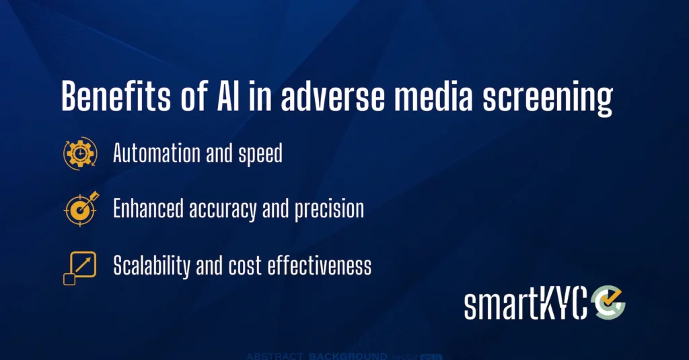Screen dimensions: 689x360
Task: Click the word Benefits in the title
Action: (116, 96)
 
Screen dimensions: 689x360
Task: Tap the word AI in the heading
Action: (228, 96)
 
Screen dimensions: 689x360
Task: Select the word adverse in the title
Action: (332, 96)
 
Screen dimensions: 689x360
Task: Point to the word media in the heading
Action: (433, 96)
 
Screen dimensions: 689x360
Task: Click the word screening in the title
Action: (548, 98)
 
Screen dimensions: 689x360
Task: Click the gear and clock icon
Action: (80, 153)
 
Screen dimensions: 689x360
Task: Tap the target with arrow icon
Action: (81, 209)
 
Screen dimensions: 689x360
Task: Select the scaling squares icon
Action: (79, 268)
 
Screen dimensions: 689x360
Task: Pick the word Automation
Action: (156, 153)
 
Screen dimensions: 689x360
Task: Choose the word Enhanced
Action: (148, 209)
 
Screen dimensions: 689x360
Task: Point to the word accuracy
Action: (223, 210)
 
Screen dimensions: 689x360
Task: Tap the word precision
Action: (329, 210)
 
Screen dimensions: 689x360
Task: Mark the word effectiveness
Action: (320, 266)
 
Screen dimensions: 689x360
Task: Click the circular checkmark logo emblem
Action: (608, 302)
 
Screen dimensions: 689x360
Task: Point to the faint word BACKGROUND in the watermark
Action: (348, 356)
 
